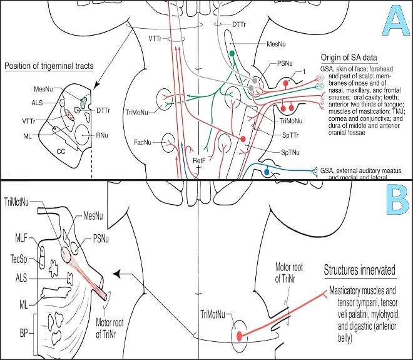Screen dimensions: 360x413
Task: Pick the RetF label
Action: tap(199, 160)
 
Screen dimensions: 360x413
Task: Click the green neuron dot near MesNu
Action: tap(232, 54)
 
